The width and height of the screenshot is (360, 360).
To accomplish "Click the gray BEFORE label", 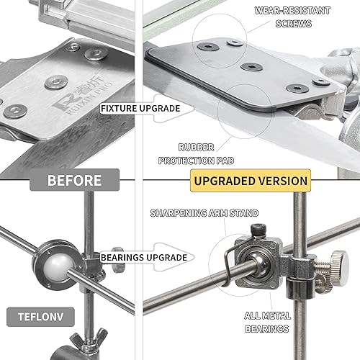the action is point(74,180).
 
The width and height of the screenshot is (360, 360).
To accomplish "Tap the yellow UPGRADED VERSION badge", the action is point(251,181).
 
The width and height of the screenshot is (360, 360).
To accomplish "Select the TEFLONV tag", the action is point(40,317).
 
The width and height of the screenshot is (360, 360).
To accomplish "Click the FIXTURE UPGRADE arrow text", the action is point(140,108).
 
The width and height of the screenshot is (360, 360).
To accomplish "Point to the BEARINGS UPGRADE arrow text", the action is point(144,258).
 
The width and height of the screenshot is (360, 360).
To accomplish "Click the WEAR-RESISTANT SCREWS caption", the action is point(292,17).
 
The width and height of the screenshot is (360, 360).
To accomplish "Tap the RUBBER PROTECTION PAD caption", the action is point(196,154).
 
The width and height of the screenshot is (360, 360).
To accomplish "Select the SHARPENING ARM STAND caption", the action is point(204,213).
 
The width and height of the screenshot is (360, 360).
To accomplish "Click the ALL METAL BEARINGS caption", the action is point(267,322).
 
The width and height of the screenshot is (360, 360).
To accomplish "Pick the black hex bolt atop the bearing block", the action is point(258,230).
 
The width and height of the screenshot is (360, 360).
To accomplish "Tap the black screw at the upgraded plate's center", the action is point(251,67).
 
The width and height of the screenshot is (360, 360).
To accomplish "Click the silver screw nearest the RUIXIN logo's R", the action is point(56,82).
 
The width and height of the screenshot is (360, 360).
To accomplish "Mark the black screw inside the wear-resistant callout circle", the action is point(208,46).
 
